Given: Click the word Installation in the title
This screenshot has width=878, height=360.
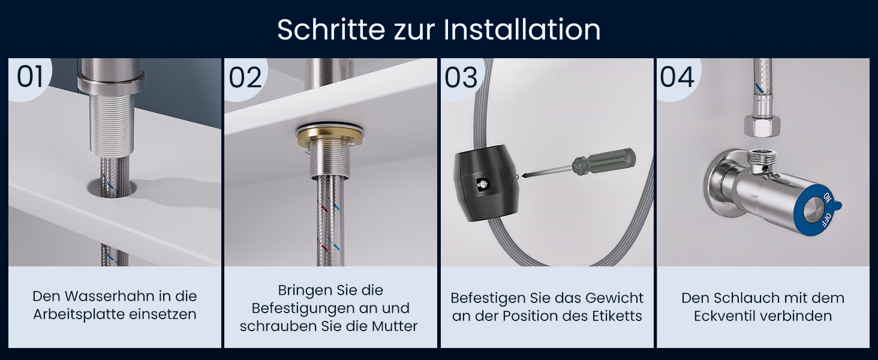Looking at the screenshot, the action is [x=522, y=29].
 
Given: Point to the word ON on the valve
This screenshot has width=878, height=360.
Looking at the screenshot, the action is [x=827, y=197].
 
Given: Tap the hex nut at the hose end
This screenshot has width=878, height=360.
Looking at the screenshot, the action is [x=762, y=126].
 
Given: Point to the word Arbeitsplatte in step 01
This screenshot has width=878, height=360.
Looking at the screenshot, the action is [x=79, y=315].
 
